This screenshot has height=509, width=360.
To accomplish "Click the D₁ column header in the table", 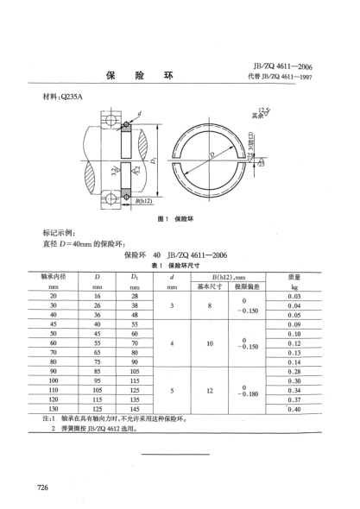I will (135, 276).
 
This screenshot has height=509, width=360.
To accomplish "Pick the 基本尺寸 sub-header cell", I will (211, 285).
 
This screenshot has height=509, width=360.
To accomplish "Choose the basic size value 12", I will (211, 389).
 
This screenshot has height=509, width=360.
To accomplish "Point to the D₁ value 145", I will (135, 408).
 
